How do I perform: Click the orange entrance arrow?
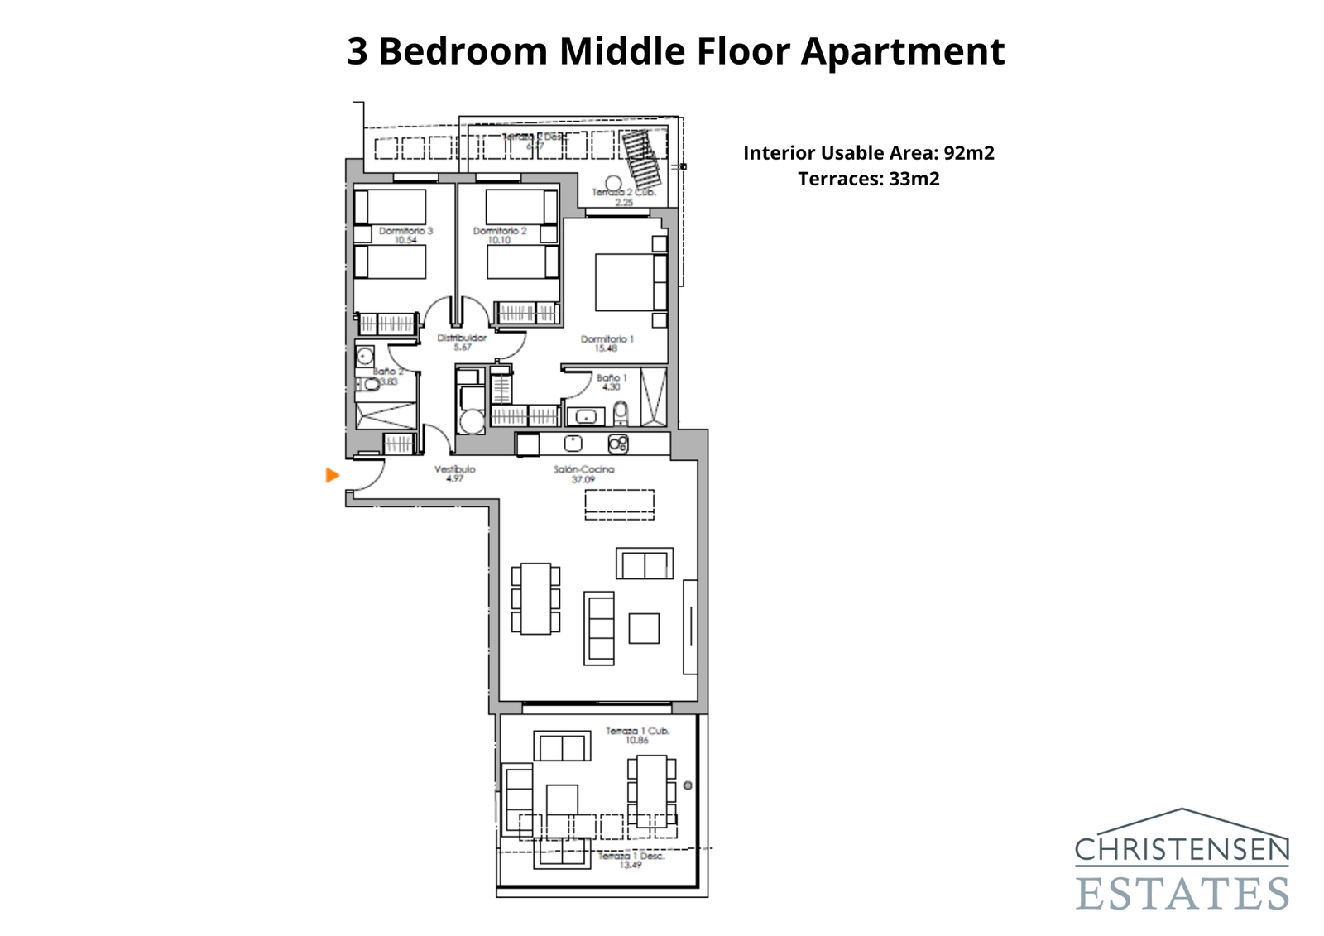[333, 475]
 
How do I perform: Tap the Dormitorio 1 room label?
[607, 343]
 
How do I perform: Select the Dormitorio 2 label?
[499, 235]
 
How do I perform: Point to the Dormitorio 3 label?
[405, 235]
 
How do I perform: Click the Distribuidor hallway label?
[462, 342]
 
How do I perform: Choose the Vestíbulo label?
[454, 473]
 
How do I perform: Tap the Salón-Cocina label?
[583, 473]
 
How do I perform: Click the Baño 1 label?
[612, 382]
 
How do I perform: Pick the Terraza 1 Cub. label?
[637, 735]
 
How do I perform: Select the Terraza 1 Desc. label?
[631, 860]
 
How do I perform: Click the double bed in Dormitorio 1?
[631, 281]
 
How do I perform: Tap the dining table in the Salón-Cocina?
[535, 598]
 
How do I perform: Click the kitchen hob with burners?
[618, 444]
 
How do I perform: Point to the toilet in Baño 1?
[621, 412]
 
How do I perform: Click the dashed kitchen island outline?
[619, 505]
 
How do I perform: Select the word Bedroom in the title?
[463, 51]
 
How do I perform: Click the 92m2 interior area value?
[969, 153]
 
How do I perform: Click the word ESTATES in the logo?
[1182, 894]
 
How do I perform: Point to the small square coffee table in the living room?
[644, 628]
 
